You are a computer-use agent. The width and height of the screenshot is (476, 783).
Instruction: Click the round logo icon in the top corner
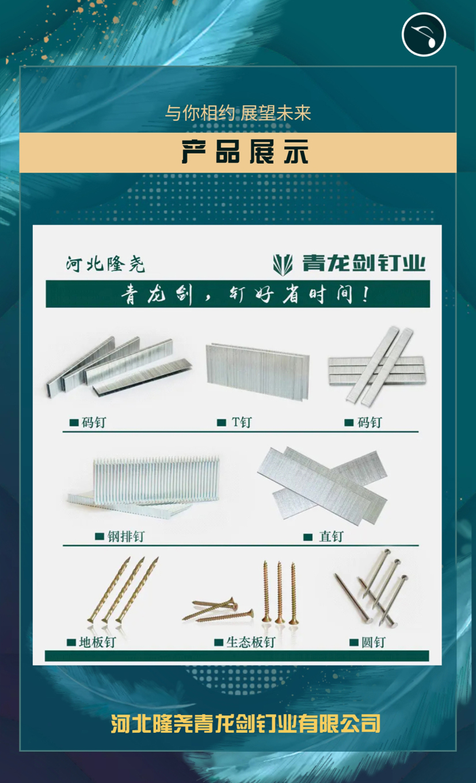pyautogui.click(x=424, y=35)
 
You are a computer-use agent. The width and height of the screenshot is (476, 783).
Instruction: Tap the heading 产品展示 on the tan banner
pyautogui.click(x=245, y=152)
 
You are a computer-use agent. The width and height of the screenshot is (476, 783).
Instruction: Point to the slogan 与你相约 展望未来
pyautogui.click(x=238, y=113)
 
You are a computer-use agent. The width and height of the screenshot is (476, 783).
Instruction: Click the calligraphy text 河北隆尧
pyautogui.click(x=105, y=264)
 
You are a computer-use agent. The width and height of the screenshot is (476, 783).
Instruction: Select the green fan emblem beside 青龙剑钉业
pyautogui.click(x=283, y=265)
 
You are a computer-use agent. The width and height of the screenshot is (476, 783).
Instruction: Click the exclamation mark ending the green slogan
pyautogui.click(x=365, y=294)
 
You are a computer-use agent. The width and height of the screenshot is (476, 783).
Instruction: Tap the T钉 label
pyautogui.click(x=242, y=422)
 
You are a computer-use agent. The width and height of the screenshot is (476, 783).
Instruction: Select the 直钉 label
pyautogui.click(x=331, y=537)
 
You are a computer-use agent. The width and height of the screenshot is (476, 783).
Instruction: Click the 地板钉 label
pyautogui.click(x=97, y=642)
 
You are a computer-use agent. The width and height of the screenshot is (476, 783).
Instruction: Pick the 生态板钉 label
pyautogui.click(x=251, y=642)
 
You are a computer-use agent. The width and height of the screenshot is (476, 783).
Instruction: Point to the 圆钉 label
pyautogui.click(x=373, y=642)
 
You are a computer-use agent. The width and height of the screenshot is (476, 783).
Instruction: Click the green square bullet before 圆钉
pyautogui.click(x=354, y=643)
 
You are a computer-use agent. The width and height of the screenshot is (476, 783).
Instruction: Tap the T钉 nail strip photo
pyautogui.click(x=258, y=371)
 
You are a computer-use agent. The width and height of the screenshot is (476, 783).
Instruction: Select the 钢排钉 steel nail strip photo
pyautogui.click(x=143, y=486)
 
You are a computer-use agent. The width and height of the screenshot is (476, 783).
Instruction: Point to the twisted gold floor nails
pyautogui.click(x=123, y=590)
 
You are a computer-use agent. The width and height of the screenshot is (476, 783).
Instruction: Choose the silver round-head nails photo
pyautogui.click(x=371, y=587)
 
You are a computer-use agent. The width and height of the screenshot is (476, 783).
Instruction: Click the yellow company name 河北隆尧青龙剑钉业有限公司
pyautogui.click(x=245, y=723)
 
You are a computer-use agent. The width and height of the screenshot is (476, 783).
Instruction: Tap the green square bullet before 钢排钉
pyautogui.click(x=100, y=537)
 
